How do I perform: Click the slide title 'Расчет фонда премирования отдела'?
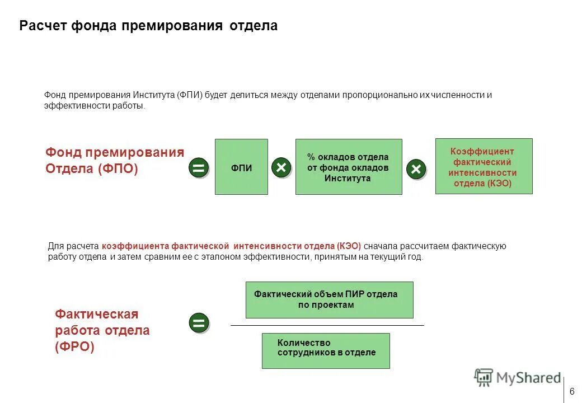148,26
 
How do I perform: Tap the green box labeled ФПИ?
241,167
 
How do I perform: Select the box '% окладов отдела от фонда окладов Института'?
348,167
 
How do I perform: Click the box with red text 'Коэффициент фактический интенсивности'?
484,166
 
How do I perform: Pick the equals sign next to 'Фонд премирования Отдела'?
199,168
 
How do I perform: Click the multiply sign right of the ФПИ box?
281,167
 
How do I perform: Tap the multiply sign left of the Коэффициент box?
416,168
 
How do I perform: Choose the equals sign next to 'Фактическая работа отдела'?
199,323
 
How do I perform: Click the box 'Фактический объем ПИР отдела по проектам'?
329,299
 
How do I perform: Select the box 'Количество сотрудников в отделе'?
326,351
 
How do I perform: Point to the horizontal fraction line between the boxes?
327,325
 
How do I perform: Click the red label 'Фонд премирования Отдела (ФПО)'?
114,161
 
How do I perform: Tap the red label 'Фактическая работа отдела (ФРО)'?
102,330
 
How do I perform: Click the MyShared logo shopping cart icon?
484,377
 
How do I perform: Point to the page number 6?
572,391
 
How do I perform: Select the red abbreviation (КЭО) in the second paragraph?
349,246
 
